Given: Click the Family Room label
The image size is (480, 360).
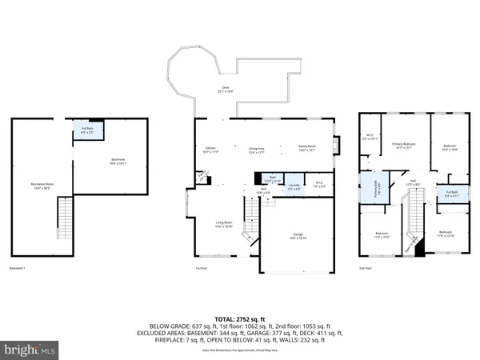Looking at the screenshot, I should pos(308,147).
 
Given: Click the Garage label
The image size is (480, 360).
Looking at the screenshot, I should pos(297,237).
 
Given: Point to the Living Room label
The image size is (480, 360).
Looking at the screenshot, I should pos(213,226).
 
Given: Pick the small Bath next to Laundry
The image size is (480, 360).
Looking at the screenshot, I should pos(272,179).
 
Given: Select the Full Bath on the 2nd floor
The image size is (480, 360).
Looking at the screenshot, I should pos(452,194).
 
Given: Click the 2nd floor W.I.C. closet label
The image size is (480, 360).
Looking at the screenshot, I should pos(370,136).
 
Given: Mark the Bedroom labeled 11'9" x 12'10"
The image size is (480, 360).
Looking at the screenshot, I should pos(445,235).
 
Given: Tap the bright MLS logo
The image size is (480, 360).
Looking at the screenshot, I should pos(30,349).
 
